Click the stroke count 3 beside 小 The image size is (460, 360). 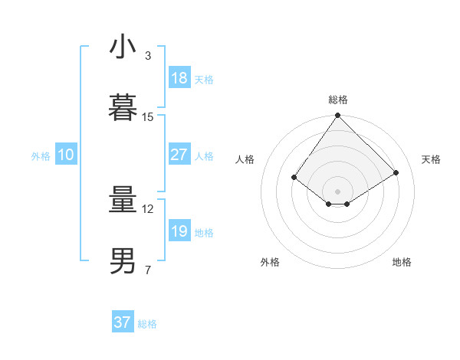pyautogui.click(x=148, y=56)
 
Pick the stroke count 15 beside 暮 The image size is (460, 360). pyautogui.click(x=148, y=117)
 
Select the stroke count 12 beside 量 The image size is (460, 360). pyautogui.click(x=148, y=209)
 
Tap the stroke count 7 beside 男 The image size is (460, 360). pyautogui.click(x=148, y=270)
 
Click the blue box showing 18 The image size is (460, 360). pyautogui.click(x=179, y=78)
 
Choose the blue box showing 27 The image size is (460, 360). pyautogui.click(x=179, y=155)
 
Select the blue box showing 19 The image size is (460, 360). pyautogui.click(x=179, y=231)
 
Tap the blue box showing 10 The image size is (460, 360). pyautogui.click(x=66, y=155)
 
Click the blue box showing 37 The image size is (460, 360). pyautogui.click(x=123, y=322)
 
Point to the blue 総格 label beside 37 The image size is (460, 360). pyautogui.click(x=147, y=324)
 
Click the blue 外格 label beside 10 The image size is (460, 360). pyautogui.click(x=41, y=156)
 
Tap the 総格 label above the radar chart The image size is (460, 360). pyautogui.click(x=338, y=100)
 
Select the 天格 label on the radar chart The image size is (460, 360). pyautogui.click(x=431, y=159)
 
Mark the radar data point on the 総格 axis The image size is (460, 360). pyautogui.click(x=338, y=116)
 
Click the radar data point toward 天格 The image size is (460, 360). pyautogui.click(x=396, y=172)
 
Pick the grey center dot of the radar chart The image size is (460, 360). pyautogui.click(x=338, y=191)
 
